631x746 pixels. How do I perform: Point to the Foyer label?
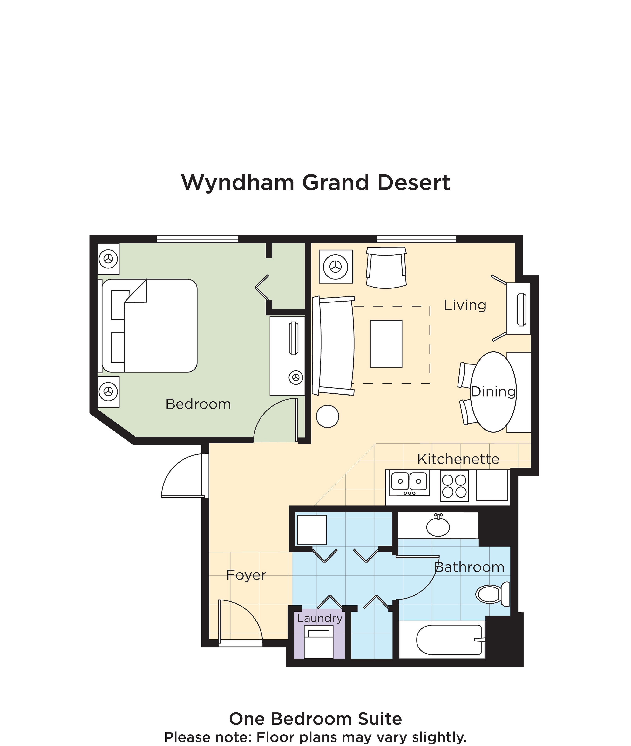click(246, 575)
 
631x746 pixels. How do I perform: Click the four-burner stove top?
click(454, 486)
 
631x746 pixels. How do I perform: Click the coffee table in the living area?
click(386, 343)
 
